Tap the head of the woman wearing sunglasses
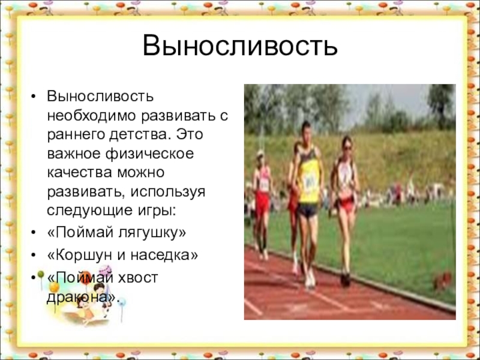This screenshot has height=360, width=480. (347, 145)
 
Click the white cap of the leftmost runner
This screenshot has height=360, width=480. (260, 153)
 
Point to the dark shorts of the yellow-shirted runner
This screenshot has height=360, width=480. (308, 210)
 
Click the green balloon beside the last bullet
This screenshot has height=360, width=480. (40, 275)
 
